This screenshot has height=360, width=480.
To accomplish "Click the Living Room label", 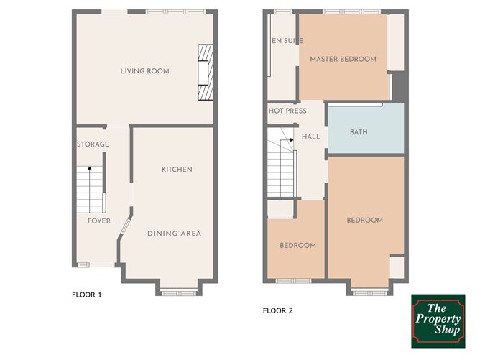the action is point(145,71).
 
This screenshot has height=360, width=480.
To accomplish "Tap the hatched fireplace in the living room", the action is point(206,73).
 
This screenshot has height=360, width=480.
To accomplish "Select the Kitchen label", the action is point(177,170).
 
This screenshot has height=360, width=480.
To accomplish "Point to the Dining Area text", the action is point(174,234).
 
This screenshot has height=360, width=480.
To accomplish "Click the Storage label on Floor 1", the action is point(93,144).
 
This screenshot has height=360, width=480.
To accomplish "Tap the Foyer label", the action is point(99,221).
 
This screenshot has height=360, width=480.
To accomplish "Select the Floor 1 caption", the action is point(87,295).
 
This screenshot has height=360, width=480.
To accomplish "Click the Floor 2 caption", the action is point(277,310).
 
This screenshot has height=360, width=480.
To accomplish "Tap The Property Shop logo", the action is point(438,321).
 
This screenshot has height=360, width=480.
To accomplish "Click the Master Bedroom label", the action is point(343,59).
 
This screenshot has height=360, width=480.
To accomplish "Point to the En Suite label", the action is point(287,41).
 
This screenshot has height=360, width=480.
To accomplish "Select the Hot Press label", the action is point(287,111).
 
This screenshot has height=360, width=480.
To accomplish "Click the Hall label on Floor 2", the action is point(311,137).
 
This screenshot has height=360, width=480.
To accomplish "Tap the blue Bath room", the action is point(366,129).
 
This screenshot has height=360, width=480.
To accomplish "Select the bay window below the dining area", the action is point(178,293).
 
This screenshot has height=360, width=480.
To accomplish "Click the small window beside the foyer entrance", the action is point(83,265).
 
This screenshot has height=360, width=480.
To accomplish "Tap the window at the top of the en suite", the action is point(283,12).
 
